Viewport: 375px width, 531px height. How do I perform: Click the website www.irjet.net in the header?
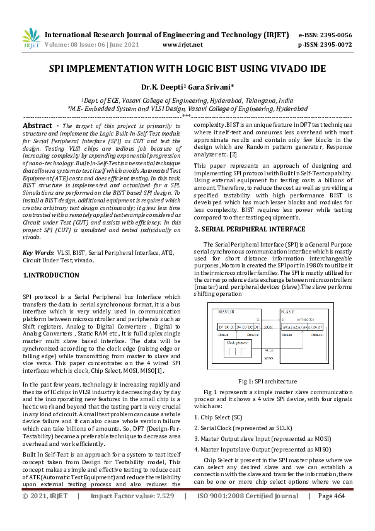click(182, 45)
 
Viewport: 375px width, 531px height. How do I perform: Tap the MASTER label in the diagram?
click(226, 312)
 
